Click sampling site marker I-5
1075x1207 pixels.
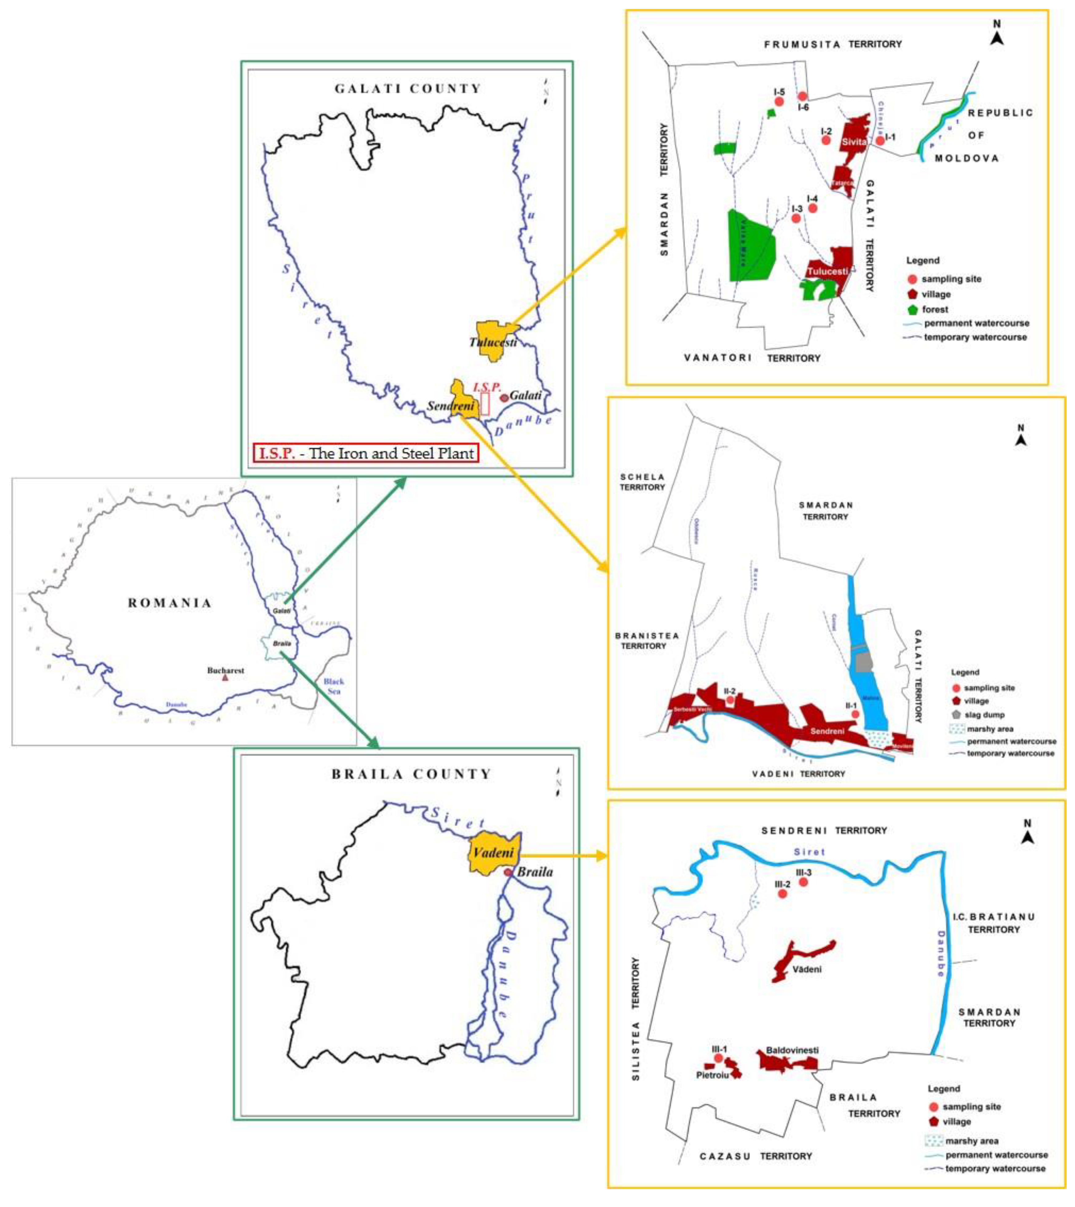coord(779,102)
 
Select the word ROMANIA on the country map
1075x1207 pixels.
coord(169,603)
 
